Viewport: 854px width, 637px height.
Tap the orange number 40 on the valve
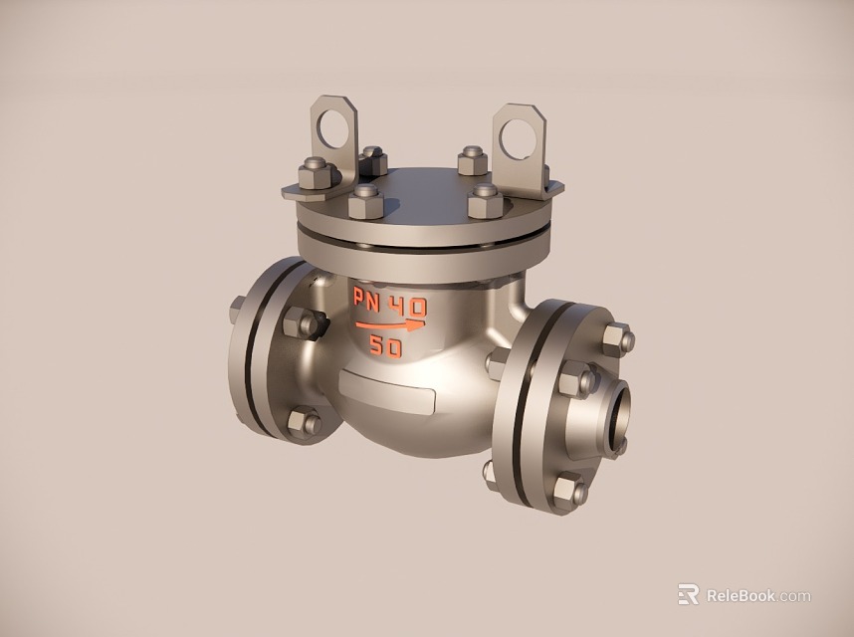(x=407, y=305)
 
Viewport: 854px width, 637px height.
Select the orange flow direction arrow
(x=390, y=324)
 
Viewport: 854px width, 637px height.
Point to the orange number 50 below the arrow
(x=386, y=347)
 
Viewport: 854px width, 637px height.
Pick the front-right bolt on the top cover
(x=485, y=201)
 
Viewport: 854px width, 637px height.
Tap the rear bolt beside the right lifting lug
(x=472, y=160)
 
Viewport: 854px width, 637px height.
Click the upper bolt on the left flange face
(x=300, y=323)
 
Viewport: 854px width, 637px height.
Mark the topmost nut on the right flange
(x=617, y=339)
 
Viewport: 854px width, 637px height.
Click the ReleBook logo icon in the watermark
(x=688, y=594)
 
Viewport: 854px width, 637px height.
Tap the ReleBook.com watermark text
(x=757, y=596)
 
